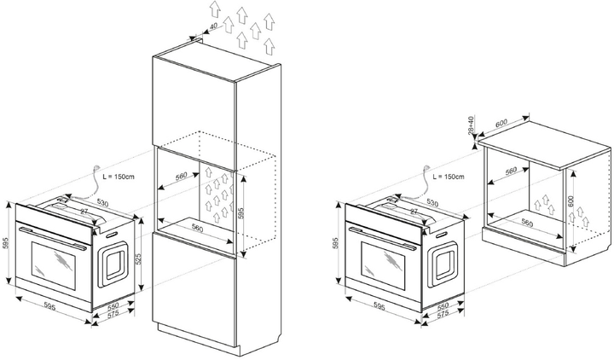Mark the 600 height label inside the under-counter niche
(573, 204)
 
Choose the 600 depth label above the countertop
(501, 124)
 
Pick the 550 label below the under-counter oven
(443, 305)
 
